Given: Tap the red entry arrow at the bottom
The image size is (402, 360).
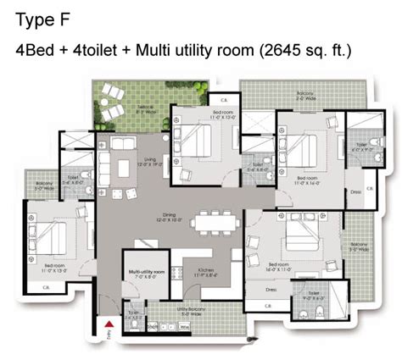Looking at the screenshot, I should pos(108,326).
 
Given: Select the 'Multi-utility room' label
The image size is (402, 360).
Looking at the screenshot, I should pos(147,273).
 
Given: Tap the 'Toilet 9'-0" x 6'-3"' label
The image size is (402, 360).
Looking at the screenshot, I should pos(314,296).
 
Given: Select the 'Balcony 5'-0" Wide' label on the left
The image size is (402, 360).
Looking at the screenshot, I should pos(44,186).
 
